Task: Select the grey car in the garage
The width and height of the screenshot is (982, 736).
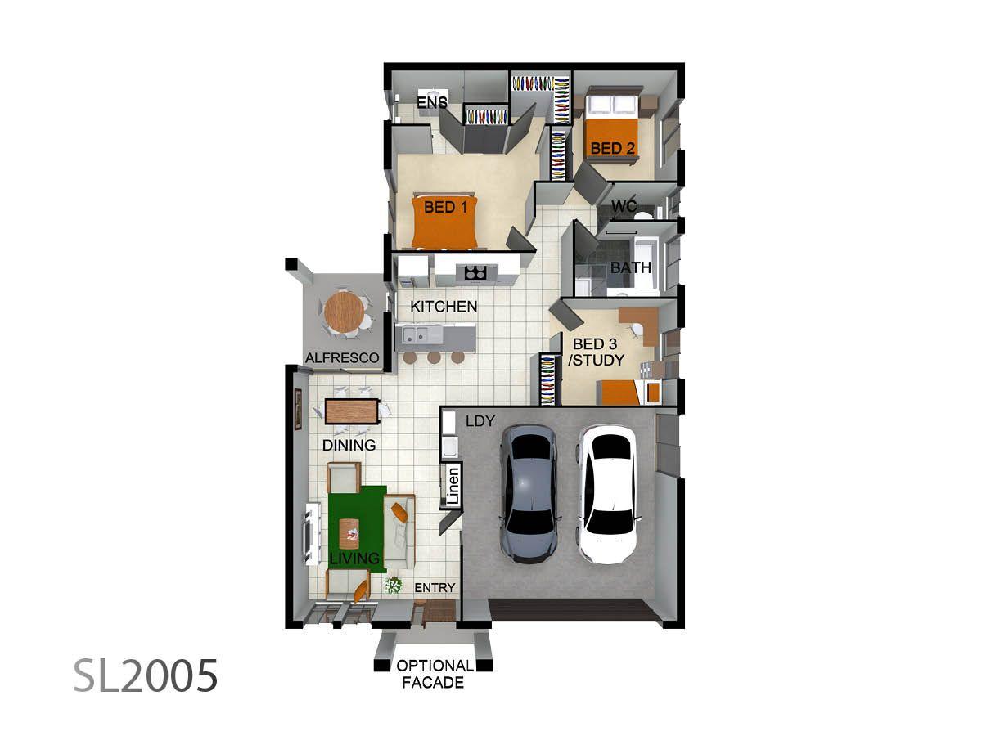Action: coord(529,494)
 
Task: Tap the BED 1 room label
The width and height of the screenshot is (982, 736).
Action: coord(445,207)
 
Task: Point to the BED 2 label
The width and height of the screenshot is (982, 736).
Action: coord(612,148)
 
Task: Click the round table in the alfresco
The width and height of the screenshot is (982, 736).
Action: coord(344,312)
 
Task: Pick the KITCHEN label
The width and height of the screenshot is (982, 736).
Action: coord(444,307)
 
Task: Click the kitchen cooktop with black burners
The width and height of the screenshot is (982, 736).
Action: coord(475,272)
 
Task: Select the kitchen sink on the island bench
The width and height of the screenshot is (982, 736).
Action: coord(416,334)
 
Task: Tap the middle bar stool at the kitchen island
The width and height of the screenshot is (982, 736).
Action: coord(434,357)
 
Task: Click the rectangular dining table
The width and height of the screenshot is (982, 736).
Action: coord(352,411)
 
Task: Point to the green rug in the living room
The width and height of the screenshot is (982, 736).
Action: coord(357,528)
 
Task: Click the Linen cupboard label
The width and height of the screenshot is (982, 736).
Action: coord(453,486)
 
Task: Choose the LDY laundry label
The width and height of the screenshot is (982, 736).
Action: coord(480,421)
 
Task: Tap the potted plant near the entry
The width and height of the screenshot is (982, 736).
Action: coord(393,586)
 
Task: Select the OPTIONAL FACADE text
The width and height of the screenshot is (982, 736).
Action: coord(434,675)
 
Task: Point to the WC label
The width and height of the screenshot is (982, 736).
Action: coord(624,206)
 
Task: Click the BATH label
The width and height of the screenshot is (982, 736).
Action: coord(631,267)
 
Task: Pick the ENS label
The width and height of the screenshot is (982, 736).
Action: coord(432,102)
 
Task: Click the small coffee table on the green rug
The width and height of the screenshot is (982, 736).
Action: coord(349,533)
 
